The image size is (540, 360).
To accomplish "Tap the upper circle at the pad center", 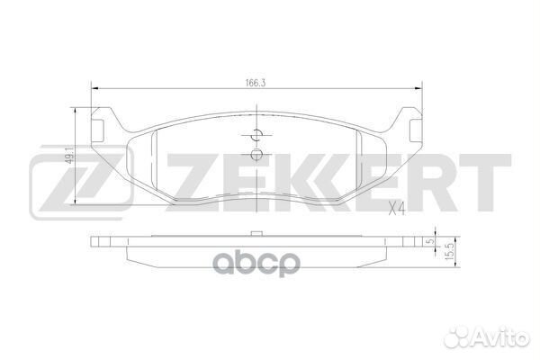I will tap(256, 137).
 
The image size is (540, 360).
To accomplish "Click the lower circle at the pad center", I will tap(256, 155).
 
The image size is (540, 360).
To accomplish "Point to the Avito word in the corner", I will tap(505, 338).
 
